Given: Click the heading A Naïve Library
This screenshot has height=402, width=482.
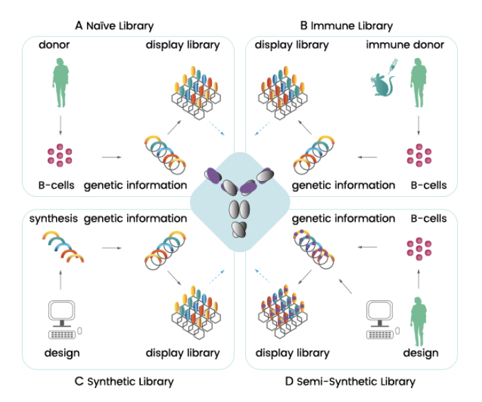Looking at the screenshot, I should (114, 26).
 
